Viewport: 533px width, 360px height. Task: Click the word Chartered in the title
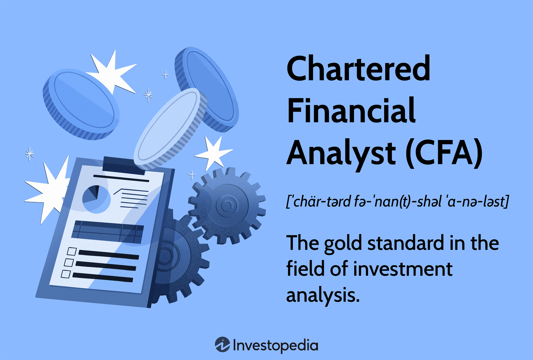[358, 69]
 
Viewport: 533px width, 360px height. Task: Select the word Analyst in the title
[341, 154]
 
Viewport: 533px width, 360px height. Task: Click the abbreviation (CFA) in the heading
[444, 154]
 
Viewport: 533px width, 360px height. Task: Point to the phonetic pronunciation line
[397, 202]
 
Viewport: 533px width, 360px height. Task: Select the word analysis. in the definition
[323, 295]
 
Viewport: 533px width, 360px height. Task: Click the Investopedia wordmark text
[275, 345]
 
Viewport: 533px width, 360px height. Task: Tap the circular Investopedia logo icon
[222, 345]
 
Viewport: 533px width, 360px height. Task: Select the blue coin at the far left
[81, 103]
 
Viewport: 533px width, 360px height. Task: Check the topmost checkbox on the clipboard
[72, 251]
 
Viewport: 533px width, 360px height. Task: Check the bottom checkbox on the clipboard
[66, 274]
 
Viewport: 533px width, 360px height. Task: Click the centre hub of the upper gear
[227, 205]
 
